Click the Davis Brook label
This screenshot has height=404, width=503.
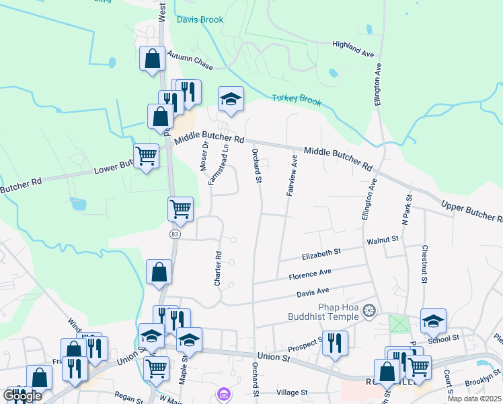200,20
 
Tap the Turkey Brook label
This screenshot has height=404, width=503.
297,100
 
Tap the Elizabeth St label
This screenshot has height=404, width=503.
321,252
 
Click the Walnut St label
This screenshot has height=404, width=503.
383,239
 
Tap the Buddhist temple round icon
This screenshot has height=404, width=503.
368,311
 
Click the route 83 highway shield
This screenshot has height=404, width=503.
175,234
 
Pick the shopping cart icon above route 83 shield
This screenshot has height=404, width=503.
180,209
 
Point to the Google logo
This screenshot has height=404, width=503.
23,396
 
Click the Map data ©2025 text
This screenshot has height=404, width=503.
474,399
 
